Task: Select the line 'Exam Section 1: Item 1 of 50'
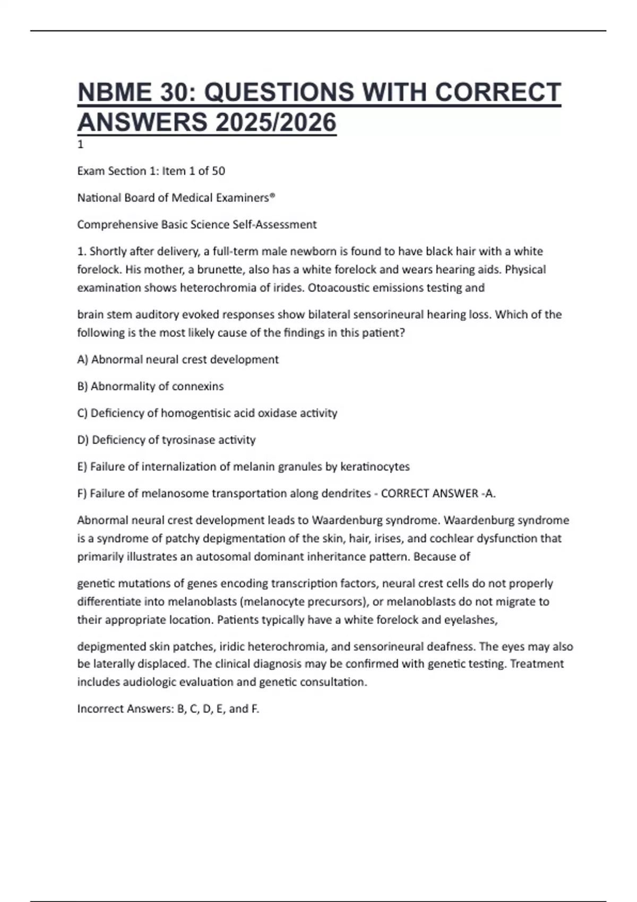pyautogui.click(x=151, y=171)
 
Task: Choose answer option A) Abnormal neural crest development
pyautogui.click(x=178, y=360)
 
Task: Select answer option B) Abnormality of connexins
pyautogui.click(x=150, y=386)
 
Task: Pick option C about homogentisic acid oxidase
pyautogui.click(x=207, y=413)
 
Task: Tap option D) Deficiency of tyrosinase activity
pyautogui.click(x=166, y=440)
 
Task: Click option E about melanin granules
pyautogui.click(x=243, y=467)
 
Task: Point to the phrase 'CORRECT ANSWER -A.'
pyautogui.click(x=438, y=493)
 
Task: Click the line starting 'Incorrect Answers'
pyautogui.click(x=168, y=709)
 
